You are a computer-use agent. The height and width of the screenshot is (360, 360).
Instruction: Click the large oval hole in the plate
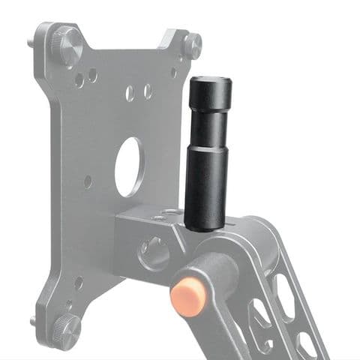click(129, 166)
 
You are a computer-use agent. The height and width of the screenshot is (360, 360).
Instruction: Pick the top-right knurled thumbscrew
click(193, 46)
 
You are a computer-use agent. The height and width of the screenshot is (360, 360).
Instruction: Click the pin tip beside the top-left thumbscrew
click(34, 43)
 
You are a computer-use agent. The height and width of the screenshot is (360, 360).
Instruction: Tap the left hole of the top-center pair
click(130, 92)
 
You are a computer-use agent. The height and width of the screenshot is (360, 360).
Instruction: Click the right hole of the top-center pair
click(148, 91)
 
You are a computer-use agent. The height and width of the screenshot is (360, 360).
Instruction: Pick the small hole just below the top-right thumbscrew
click(174, 73)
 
